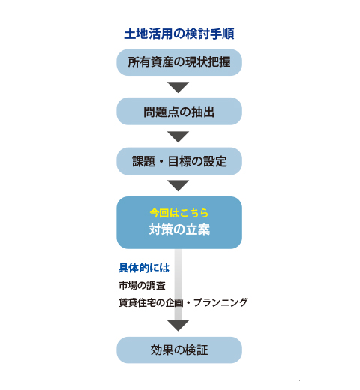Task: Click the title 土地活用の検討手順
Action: click(x=179, y=34)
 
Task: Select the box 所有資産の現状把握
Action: click(x=179, y=62)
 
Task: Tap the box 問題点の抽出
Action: click(x=179, y=111)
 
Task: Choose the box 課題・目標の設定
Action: click(x=179, y=161)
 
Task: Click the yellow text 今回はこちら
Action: click(x=179, y=213)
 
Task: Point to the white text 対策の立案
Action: click(x=179, y=229)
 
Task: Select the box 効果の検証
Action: click(x=179, y=349)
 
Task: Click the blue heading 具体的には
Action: click(x=144, y=268)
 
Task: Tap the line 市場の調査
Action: click(x=142, y=285)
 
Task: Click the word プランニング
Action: click(x=220, y=302)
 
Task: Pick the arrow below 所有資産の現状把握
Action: click(x=178, y=87)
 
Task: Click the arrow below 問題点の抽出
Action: click(x=178, y=136)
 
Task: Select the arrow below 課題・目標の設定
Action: click(x=178, y=186)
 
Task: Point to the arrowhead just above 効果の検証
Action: click(x=178, y=325)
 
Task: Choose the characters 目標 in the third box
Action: click(x=179, y=161)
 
